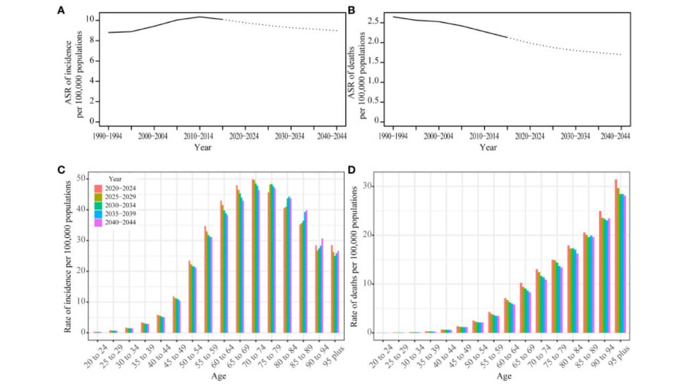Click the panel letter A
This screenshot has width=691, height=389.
point(62,10)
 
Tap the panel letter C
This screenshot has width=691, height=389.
point(62,170)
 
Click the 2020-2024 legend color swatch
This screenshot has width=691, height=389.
point(99,188)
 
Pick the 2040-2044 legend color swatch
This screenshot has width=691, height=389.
point(99,222)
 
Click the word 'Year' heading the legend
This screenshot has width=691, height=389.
point(114,179)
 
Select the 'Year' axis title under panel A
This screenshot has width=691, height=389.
point(203,147)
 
